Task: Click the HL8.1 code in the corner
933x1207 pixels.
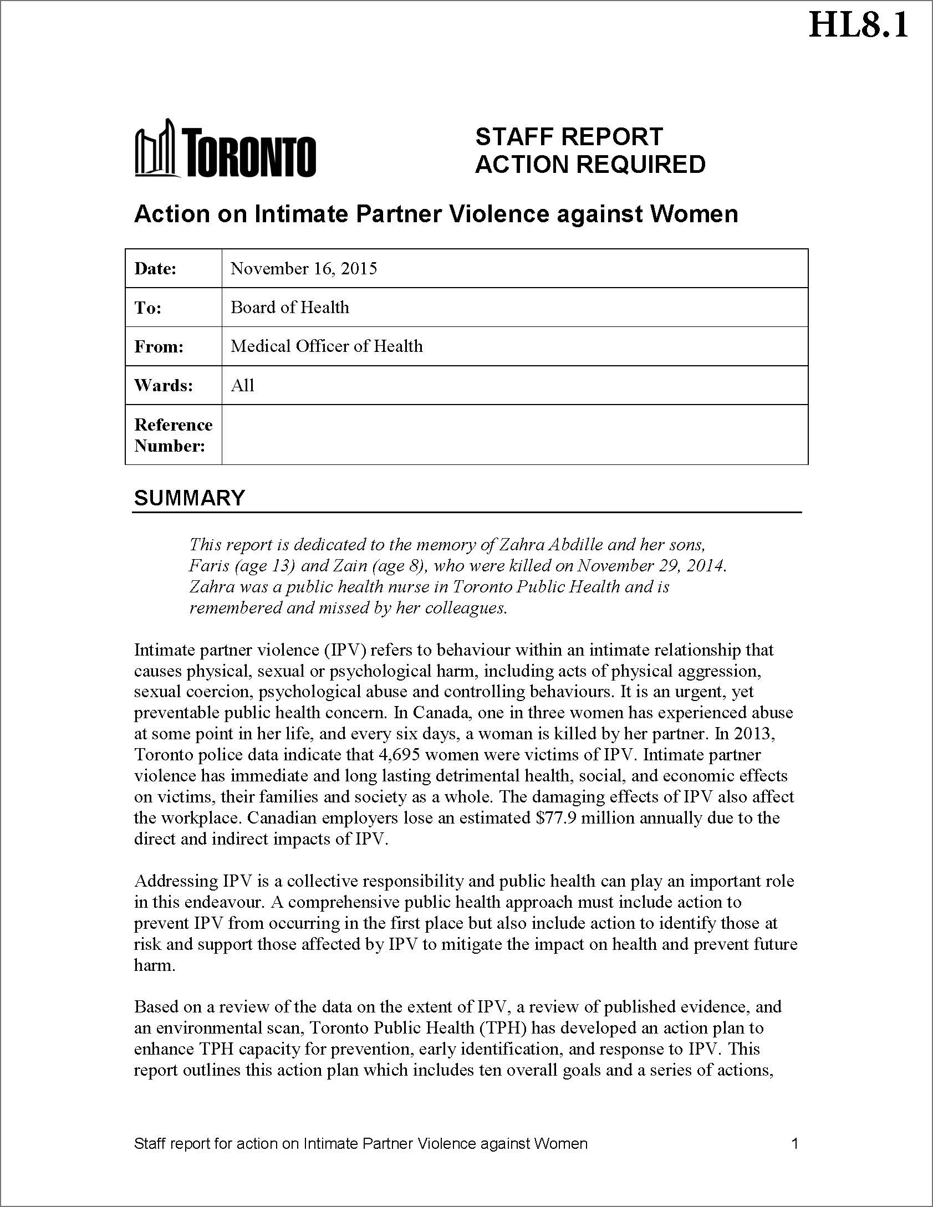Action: click(858, 25)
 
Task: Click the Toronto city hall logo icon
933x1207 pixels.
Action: click(157, 149)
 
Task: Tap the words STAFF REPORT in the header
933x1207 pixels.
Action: click(569, 137)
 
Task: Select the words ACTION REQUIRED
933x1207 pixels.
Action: click(590, 165)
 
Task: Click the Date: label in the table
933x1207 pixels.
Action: click(155, 269)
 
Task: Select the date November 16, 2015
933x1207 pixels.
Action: click(304, 269)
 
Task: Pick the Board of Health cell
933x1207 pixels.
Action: click(290, 308)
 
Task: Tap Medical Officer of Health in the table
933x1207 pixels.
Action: click(327, 346)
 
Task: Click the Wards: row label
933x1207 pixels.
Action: click(164, 385)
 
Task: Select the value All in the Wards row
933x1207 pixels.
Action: click(242, 385)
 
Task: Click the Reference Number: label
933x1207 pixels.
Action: click(173, 435)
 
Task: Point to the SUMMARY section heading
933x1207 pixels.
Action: click(189, 498)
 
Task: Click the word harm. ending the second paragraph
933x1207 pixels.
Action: click(155, 965)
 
